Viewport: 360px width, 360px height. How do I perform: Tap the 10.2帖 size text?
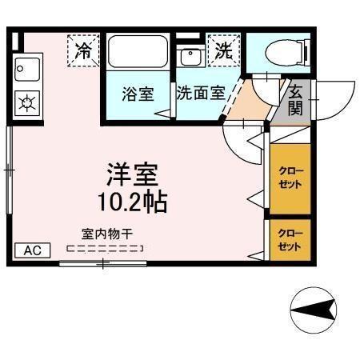[x=133, y=201]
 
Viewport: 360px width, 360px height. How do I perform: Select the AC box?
[x=32, y=250]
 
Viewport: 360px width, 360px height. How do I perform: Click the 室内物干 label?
[x=107, y=234]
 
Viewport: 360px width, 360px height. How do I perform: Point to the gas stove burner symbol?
[x=27, y=102]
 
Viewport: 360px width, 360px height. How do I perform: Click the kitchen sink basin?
[x=27, y=70]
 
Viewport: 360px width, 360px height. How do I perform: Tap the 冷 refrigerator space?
[x=83, y=50]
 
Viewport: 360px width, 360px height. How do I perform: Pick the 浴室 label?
[x=138, y=92]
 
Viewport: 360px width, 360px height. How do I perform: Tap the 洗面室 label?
[x=200, y=92]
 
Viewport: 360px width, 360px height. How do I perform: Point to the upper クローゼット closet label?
[x=290, y=178]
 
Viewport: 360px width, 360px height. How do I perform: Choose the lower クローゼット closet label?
[x=290, y=240]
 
